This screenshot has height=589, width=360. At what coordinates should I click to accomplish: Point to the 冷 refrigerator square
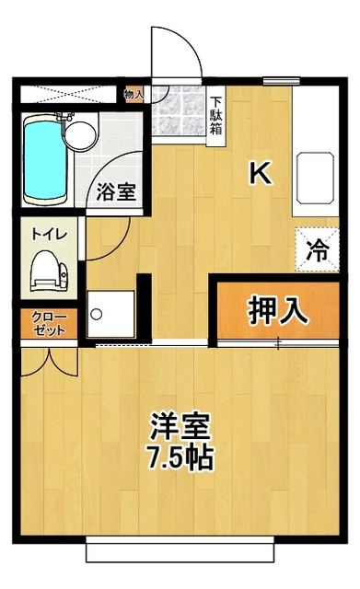317,248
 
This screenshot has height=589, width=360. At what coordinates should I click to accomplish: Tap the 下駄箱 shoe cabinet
215,115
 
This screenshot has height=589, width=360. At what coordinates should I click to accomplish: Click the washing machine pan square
110,314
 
